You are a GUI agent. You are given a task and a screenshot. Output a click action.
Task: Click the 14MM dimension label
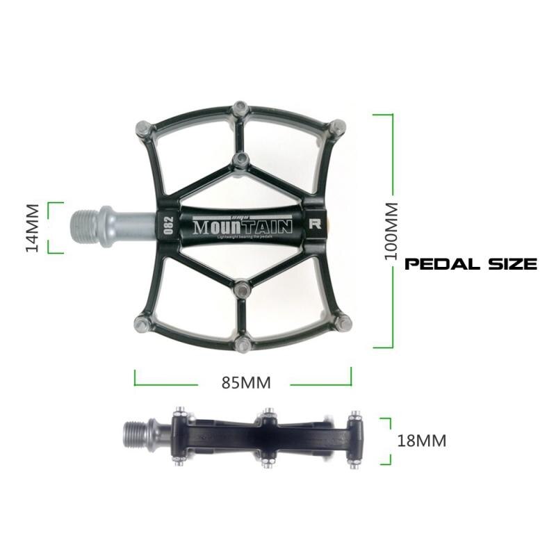[32, 228]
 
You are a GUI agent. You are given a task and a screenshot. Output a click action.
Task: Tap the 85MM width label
[245, 382]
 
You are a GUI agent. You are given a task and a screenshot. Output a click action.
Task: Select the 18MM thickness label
[422, 440]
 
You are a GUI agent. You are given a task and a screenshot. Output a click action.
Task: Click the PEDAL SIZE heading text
[471, 264]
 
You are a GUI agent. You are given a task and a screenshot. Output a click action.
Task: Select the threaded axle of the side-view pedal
[136, 436]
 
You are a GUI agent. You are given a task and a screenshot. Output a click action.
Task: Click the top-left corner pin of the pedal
[139, 128]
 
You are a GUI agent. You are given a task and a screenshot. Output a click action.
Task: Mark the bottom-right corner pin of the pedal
[341, 321]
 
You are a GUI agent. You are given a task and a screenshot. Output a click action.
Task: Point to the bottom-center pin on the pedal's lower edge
[241, 343]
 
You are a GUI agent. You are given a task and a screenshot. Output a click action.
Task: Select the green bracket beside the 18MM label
[388, 441]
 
